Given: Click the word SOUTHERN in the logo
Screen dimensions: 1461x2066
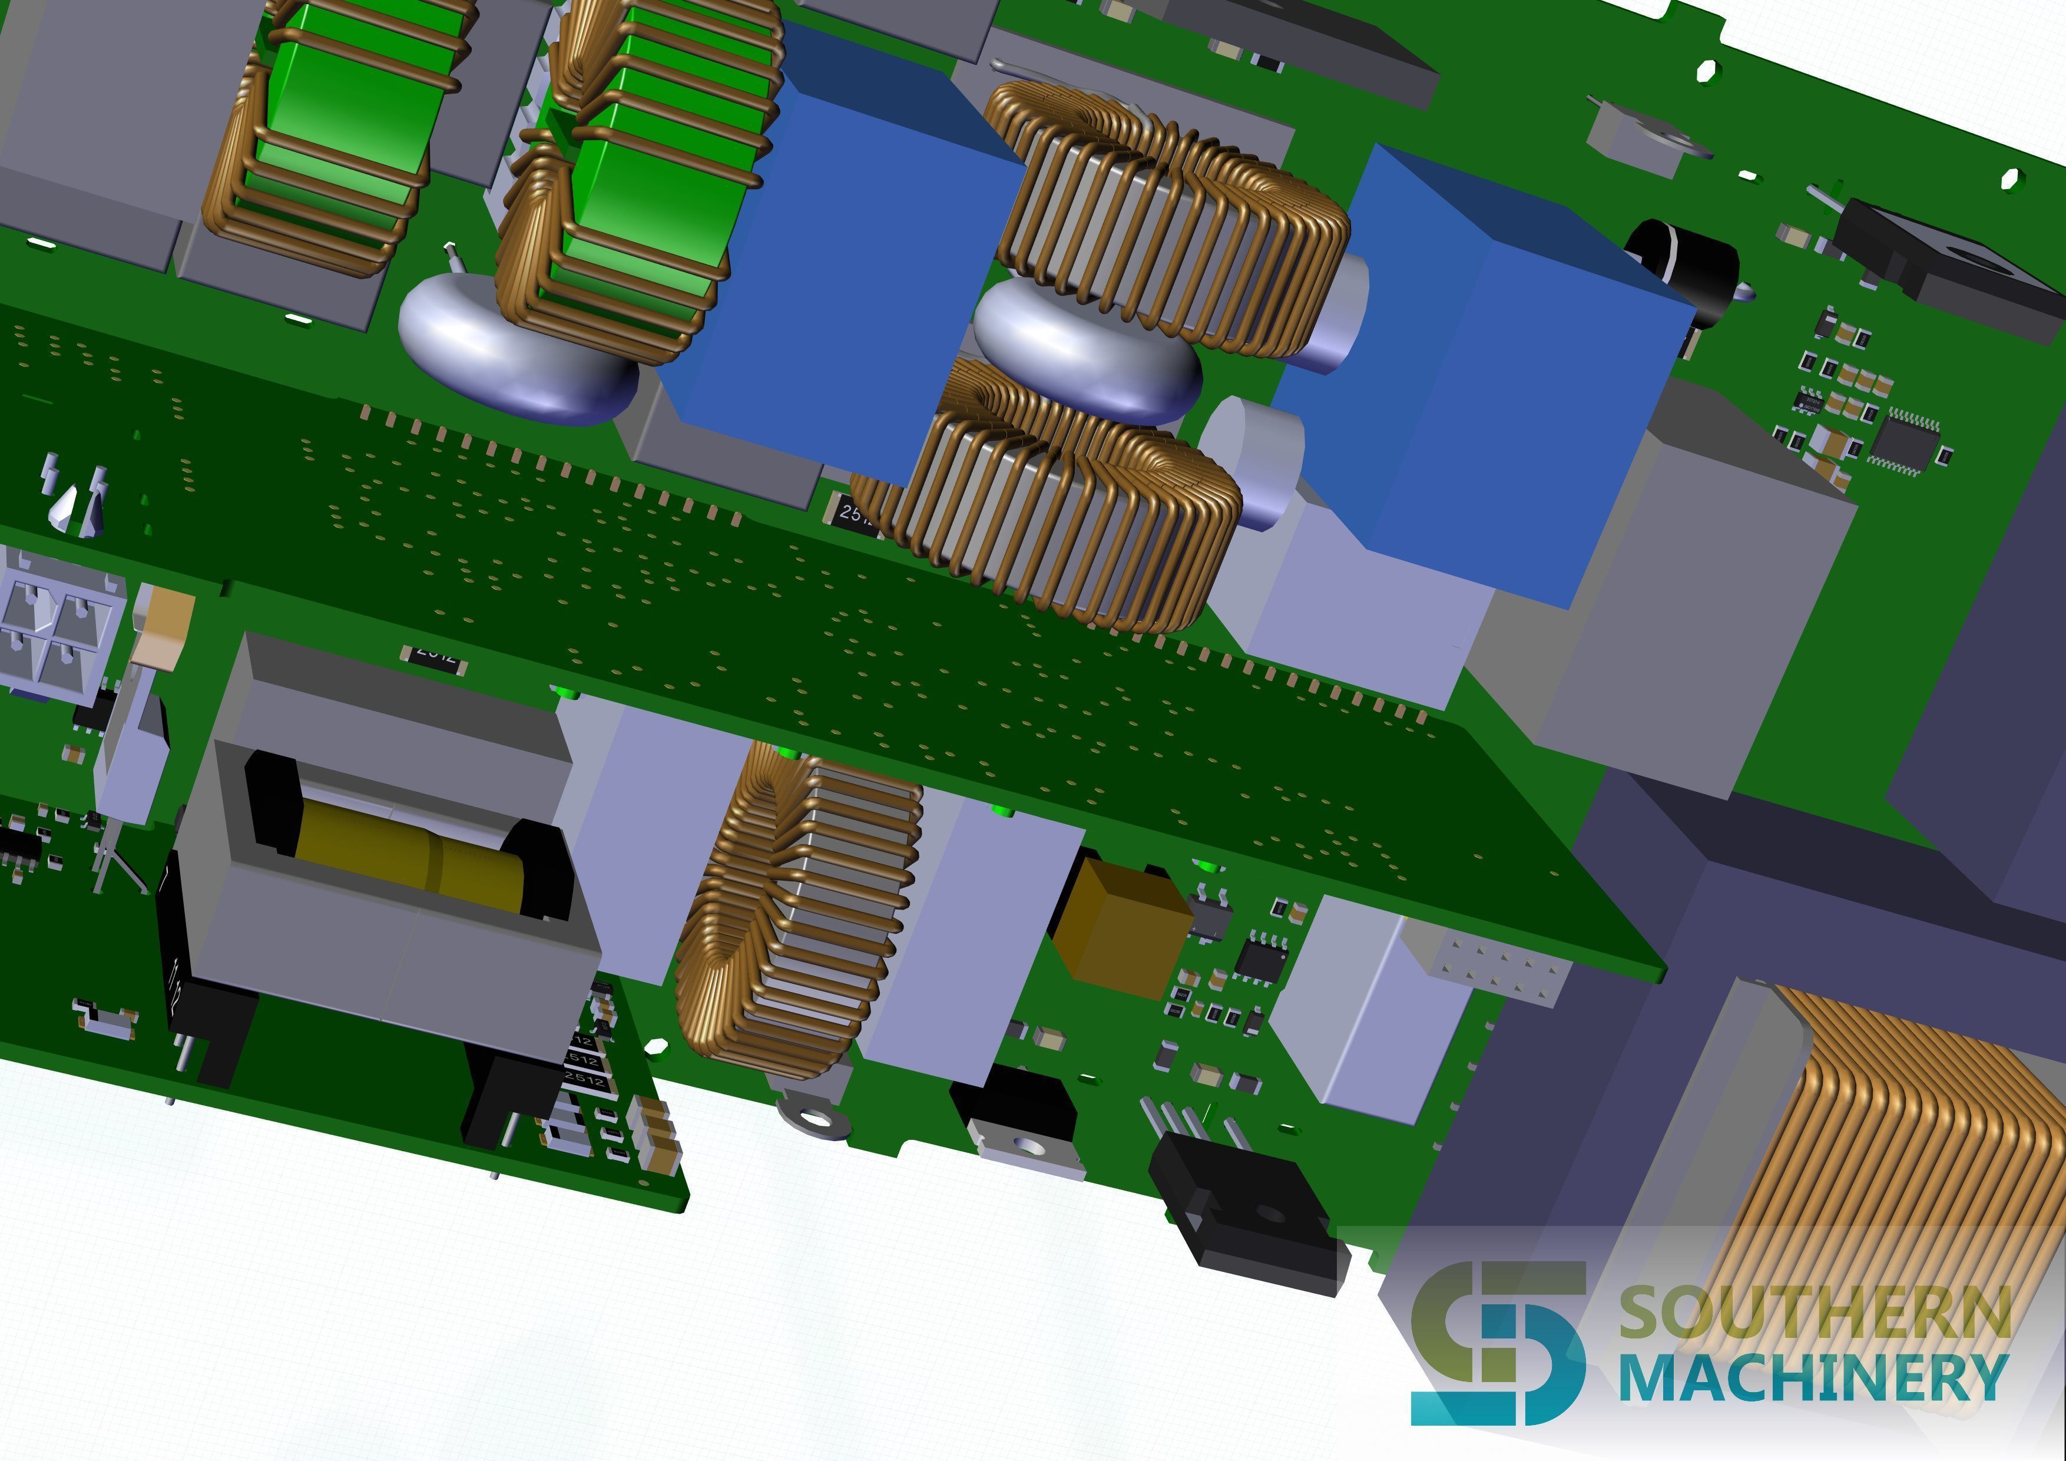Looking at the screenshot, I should click(x=1814, y=1313).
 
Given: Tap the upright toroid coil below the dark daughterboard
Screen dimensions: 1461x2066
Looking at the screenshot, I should click(x=796, y=909).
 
